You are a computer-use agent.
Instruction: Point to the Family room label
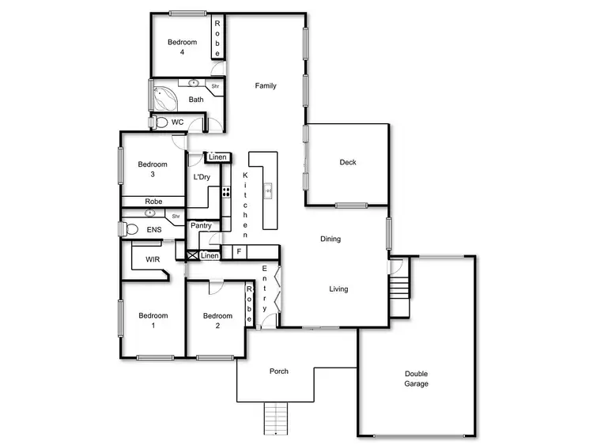click(266, 85)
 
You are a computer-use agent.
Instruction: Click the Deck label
click(348, 163)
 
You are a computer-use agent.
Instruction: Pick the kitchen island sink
click(268, 190)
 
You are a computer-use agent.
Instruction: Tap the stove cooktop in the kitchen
click(226, 190)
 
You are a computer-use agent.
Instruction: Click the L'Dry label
click(201, 177)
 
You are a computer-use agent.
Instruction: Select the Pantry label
click(201, 225)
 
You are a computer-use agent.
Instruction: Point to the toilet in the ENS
click(129, 229)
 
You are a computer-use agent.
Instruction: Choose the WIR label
click(152, 259)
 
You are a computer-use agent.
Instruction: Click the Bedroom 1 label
click(153, 321)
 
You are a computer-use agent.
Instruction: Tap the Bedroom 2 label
click(217, 321)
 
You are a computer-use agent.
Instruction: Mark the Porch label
click(278, 371)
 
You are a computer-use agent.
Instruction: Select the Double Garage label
click(416, 379)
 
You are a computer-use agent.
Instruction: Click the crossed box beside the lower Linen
click(191, 255)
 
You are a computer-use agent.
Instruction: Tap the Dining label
click(330, 239)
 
